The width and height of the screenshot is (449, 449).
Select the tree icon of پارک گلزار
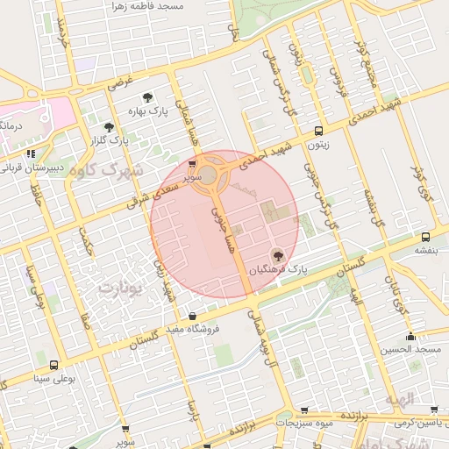(x=109, y=127)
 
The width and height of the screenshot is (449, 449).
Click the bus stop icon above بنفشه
(x=425, y=237)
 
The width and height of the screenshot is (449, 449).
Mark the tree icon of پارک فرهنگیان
(x=278, y=256)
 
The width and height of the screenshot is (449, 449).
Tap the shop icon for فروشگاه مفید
(x=192, y=317)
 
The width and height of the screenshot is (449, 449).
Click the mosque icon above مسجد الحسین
(x=410, y=337)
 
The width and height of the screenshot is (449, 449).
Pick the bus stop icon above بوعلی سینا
(x=53, y=365)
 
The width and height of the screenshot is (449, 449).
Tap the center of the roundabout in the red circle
(x=210, y=175)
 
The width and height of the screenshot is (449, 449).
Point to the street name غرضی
(x=120, y=83)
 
